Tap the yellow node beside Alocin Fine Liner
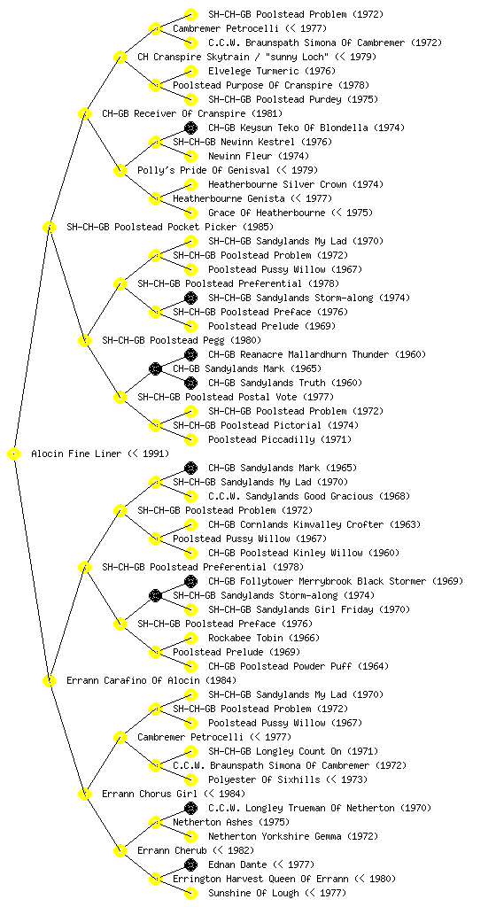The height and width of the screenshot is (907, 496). click(14, 454)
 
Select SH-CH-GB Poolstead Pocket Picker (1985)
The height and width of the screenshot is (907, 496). click(170, 228)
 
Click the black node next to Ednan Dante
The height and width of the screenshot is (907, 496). click(190, 864)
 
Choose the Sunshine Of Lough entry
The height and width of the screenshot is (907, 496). click(254, 893)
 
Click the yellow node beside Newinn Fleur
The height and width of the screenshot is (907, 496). click(190, 156)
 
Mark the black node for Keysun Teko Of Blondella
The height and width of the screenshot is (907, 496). click(190, 128)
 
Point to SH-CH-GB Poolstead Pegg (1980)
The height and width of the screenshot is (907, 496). click(182, 341)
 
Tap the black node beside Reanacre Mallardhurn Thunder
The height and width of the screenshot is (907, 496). click(190, 354)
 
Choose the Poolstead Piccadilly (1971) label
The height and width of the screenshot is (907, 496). click(280, 439)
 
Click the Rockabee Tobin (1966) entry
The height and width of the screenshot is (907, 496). click(264, 638)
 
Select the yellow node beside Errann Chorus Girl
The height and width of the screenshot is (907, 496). click(84, 795)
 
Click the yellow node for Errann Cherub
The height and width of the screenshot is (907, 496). click(120, 851)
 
